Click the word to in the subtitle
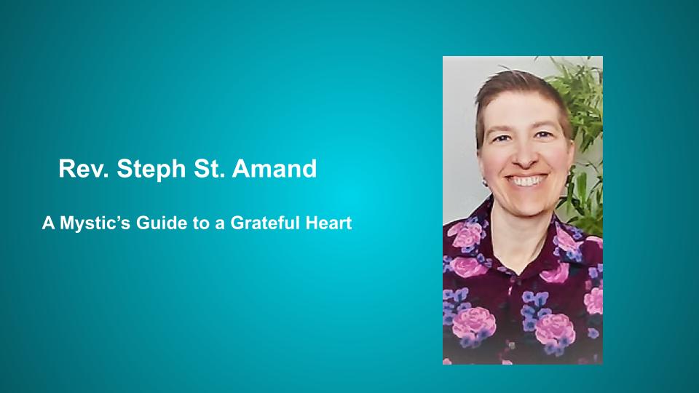click(190, 223)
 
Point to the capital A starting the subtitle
click(47, 223)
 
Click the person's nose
click(526, 156)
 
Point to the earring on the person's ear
click(483, 175)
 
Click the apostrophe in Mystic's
click(107, 218)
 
